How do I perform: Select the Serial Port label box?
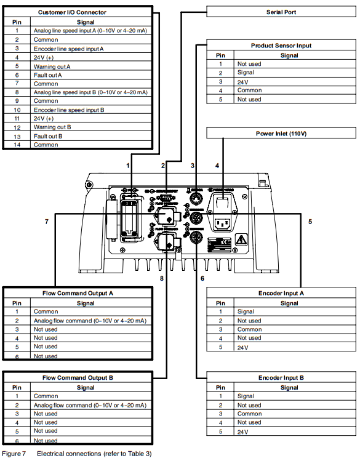(281, 12)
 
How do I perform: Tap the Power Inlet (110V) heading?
(281, 134)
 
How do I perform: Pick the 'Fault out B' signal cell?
(47, 136)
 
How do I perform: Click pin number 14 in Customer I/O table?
(17, 145)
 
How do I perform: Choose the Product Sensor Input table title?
(281, 46)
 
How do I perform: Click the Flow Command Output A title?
(78, 294)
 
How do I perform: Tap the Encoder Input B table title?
(281, 378)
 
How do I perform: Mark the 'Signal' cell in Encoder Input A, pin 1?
(246, 311)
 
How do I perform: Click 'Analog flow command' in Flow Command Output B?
(89, 405)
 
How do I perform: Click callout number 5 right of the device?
(310, 221)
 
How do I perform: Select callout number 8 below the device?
(162, 278)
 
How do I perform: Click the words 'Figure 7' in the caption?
(14, 454)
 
